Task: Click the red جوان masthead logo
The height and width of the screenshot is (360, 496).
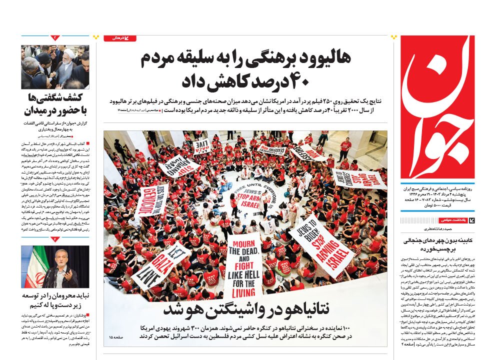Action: pos(437,107)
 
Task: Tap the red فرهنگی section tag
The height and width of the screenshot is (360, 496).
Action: pos(119,38)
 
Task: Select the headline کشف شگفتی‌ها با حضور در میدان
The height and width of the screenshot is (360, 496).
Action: pos(55,103)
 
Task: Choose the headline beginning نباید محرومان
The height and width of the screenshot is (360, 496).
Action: pos(55,300)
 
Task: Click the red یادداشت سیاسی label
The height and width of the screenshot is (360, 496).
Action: pos(452,220)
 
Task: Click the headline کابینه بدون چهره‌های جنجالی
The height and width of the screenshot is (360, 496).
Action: pos(438,244)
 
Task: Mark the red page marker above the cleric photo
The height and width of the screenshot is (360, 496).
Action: pos(55,38)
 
